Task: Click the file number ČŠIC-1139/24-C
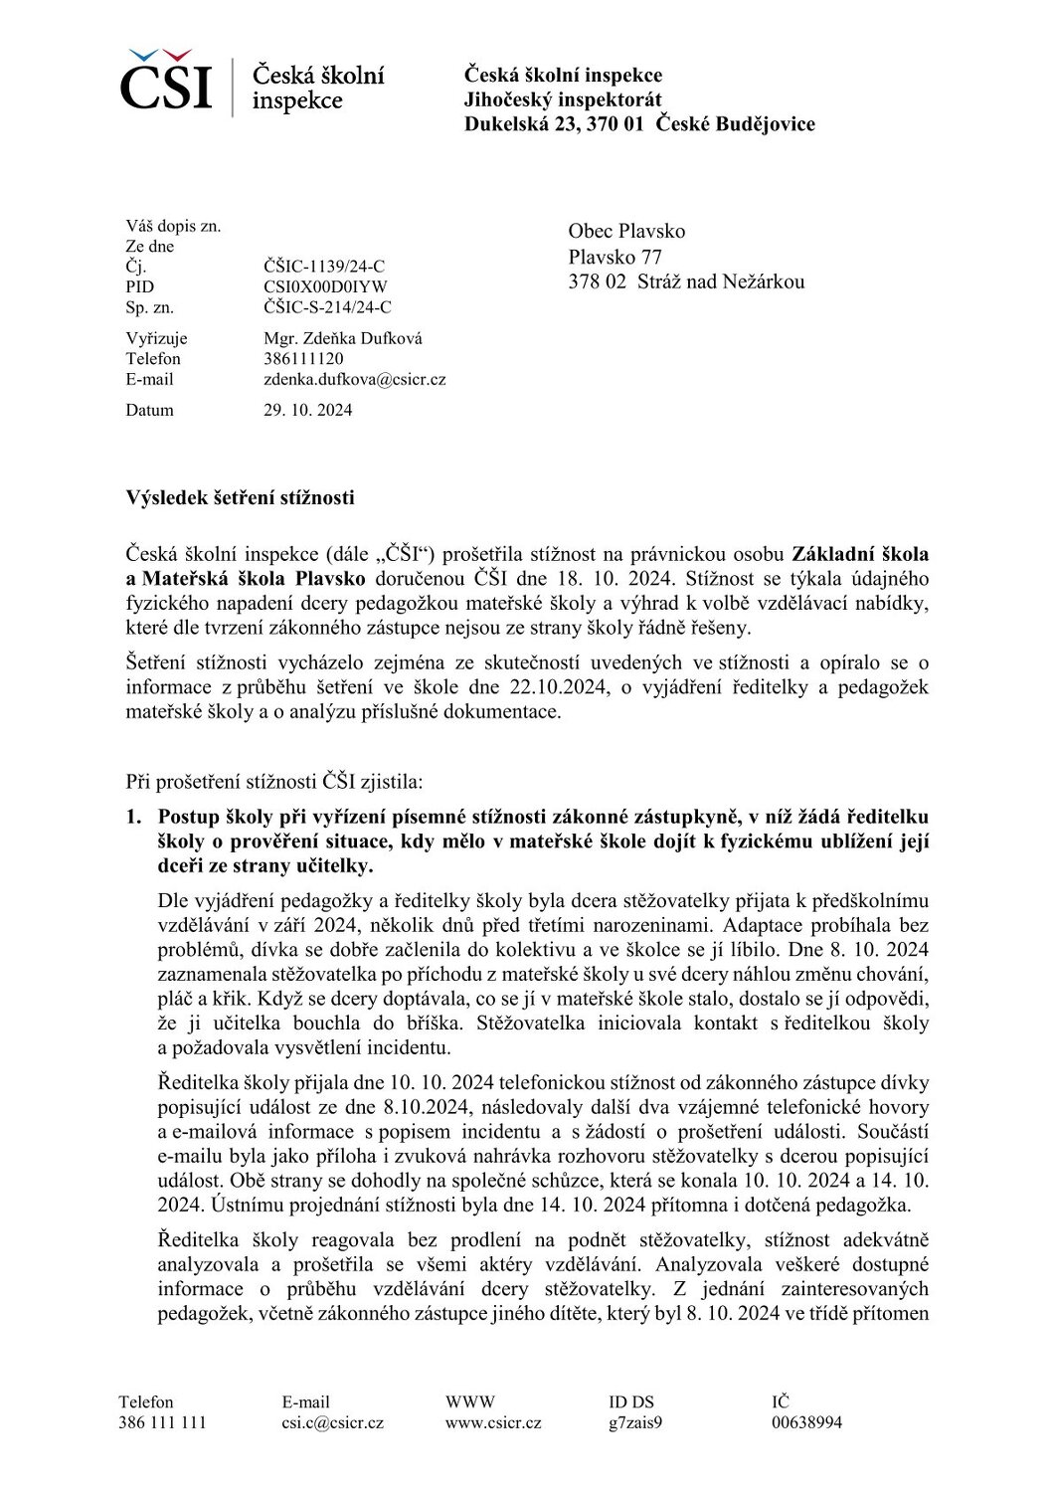tap(324, 267)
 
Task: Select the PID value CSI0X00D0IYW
tap(325, 287)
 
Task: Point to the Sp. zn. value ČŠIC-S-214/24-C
tap(327, 307)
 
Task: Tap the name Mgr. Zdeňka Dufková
tap(343, 338)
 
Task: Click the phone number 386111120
tap(303, 359)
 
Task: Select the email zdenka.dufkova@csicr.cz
tap(354, 380)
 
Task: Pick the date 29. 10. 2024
tap(307, 410)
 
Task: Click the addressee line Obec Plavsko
tap(626, 231)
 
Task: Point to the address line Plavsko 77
tap(615, 257)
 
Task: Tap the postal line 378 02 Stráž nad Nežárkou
tap(686, 281)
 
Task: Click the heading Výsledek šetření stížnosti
tap(240, 497)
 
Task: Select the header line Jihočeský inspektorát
tap(562, 99)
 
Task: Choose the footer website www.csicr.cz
tap(493, 1422)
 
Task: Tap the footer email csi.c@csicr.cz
tap(332, 1422)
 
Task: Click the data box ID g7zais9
tap(635, 1422)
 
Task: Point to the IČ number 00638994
tap(806, 1422)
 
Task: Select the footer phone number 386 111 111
tap(162, 1422)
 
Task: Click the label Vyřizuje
tap(156, 338)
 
